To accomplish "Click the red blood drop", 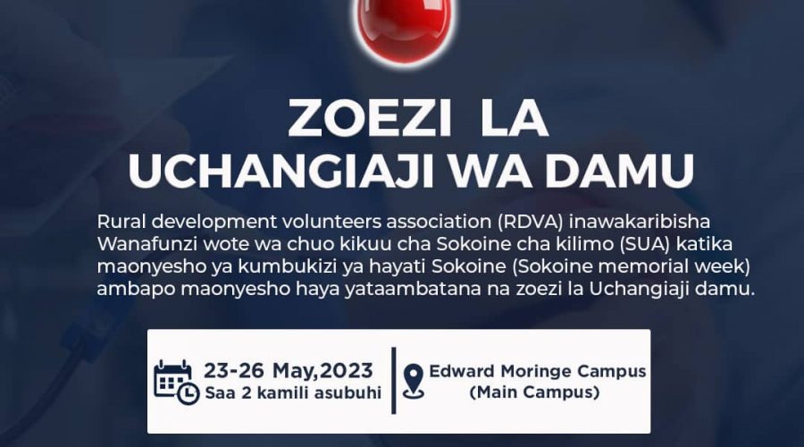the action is tap(405, 29).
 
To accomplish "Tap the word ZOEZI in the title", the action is tap(369, 119).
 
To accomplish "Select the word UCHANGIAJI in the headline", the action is tap(281, 170).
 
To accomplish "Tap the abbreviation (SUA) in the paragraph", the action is tap(644, 244).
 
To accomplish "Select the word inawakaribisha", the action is tap(640, 222).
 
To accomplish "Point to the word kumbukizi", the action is tap(287, 267).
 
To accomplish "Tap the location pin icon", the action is tap(414, 382).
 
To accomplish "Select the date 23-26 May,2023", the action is tap(289, 370).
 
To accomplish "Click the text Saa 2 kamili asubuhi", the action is tap(293, 393).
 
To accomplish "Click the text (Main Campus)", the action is tap(535, 392).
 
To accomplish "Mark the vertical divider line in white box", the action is tap(394, 380).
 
